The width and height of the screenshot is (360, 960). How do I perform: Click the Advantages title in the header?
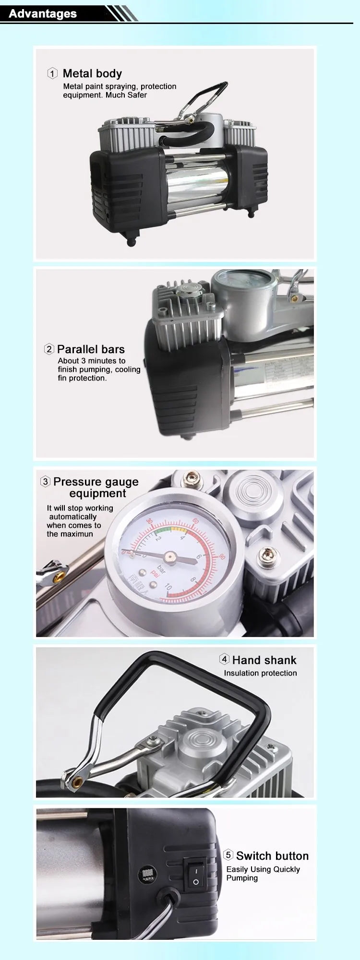(43, 13)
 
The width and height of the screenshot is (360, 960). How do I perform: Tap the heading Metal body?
(92, 73)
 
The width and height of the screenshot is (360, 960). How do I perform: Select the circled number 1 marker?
(52, 73)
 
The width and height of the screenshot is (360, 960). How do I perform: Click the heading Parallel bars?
(91, 349)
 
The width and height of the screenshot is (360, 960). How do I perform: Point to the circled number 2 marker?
(49, 349)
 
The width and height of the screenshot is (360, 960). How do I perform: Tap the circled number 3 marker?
(45, 481)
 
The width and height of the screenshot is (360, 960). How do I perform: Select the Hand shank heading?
(264, 660)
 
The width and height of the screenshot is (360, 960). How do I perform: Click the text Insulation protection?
(260, 673)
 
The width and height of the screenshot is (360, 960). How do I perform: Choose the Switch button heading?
(272, 856)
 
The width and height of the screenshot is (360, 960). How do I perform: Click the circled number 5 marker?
(228, 855)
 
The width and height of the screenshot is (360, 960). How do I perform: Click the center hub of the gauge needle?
(170, 557)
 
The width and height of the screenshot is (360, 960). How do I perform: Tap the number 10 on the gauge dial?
(168, 587)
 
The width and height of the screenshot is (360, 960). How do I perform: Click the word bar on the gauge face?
(162, 569)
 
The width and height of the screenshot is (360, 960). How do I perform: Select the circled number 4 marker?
(224, 659)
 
